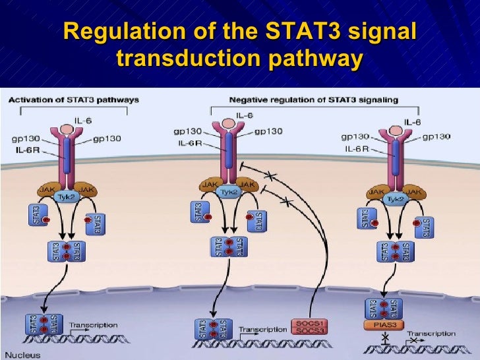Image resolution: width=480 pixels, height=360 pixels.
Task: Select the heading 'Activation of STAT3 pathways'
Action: [x=73, y=100]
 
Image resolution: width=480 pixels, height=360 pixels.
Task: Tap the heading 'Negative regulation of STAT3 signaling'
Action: [x=313, y=100]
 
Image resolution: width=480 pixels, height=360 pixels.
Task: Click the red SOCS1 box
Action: [x=309, y=323]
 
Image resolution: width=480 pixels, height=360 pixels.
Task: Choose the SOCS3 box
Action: [x=309, y=332]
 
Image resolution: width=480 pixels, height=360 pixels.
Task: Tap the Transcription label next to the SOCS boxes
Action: [x=261, y=329]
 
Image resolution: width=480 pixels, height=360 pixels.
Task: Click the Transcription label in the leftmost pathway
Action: [x=94, y=324]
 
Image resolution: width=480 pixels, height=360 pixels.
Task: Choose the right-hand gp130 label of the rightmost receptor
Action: [x=436, y=137]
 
